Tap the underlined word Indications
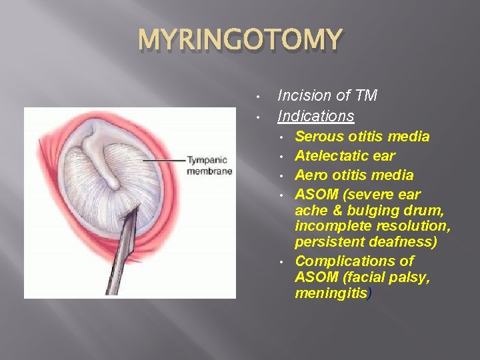(x=315, y=116)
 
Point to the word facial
(x=363, y=277)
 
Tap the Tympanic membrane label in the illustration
(x=209, y=165)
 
